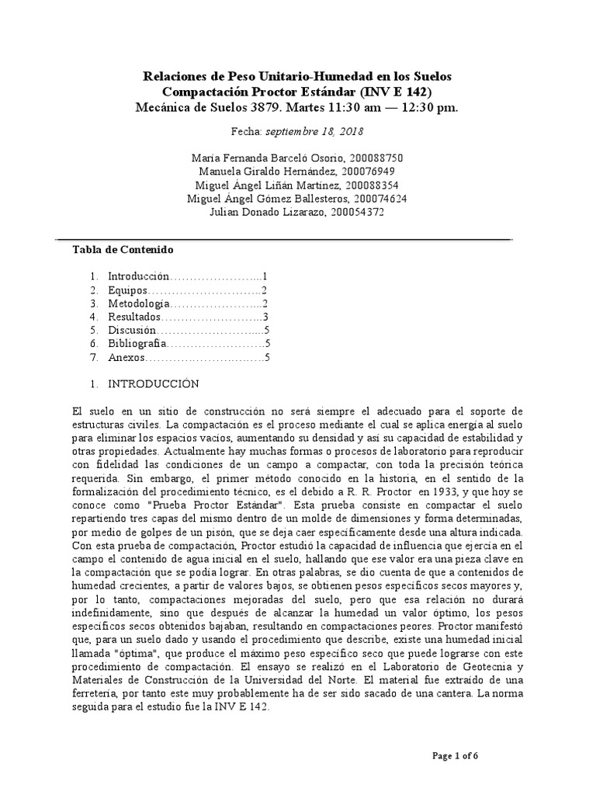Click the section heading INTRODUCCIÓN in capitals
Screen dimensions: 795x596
[153, 384]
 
